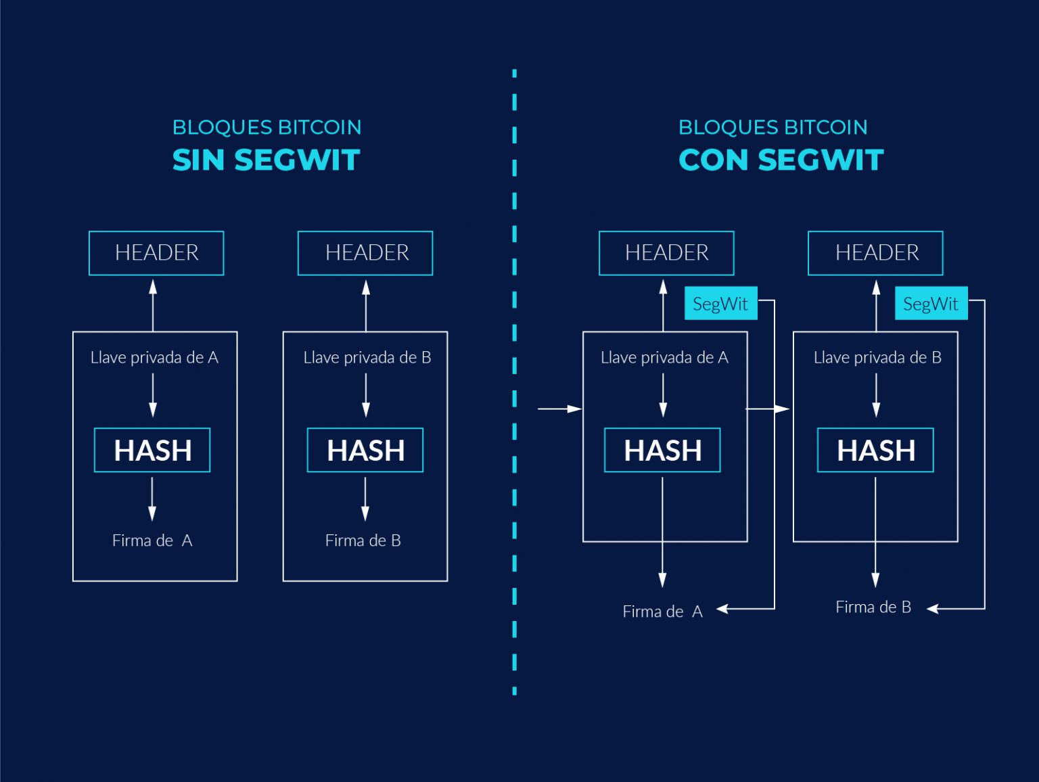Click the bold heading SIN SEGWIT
point(266,160)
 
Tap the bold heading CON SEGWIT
point(781,160)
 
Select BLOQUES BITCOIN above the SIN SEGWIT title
point(267,127)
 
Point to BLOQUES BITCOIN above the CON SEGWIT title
point(772,127)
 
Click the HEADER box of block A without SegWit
point(156,253)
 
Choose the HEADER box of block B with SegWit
point(875,253)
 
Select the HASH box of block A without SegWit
point(152,450)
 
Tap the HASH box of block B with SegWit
point(875,450)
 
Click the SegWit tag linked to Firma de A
point(720,304)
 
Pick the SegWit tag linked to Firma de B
point(931,304)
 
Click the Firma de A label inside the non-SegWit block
point(152,540)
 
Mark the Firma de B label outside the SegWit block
point(873,607)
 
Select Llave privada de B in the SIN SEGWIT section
point(367,357)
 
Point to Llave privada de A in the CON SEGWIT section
point(664,357)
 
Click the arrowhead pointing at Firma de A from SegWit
point(722,609)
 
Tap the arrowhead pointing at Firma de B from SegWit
point(933,609)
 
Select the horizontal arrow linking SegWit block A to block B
point(768,409)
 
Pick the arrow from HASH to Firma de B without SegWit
point(365,499)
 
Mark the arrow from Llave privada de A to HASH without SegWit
point(153,395)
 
